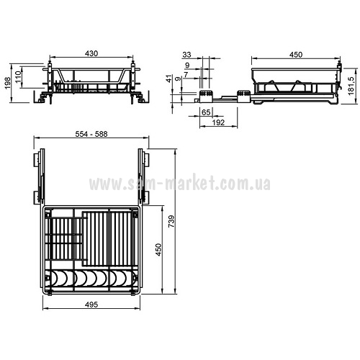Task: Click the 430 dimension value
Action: [91, 53]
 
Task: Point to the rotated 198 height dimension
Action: [8, 83]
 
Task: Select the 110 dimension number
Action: [19, 77]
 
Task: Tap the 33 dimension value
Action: [186, 55]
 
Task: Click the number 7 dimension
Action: [186, 75]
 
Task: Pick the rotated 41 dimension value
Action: [169, 78]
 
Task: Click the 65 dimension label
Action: [206, 112]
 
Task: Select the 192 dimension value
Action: [218, 122]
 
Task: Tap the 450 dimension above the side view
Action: [296, 55]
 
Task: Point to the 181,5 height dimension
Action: [352, 85]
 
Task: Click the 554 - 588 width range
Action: [91, 134]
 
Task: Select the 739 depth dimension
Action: [171, 222]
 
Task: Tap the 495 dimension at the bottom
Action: [91, 305]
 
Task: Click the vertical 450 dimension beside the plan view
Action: [158, 250]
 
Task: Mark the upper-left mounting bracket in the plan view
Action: [36, 159]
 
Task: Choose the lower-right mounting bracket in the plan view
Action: [145, 198]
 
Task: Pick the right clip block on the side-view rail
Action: [243, 96]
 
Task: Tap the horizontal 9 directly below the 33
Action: [187, 65]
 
